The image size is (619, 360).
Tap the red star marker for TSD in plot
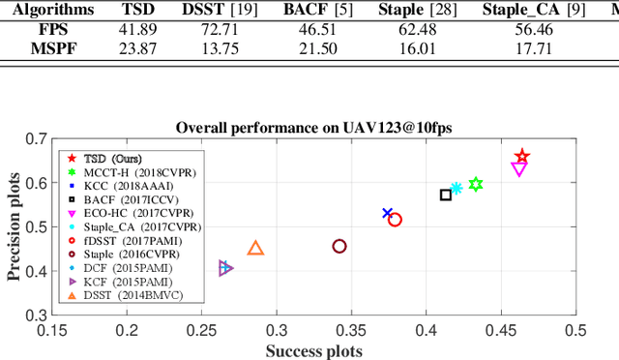[x=522, y=157]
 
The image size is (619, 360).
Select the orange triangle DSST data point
[x=255, y=249]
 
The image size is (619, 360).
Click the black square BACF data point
[x=446, y=195]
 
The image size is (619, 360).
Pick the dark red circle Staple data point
[x=339, y=246]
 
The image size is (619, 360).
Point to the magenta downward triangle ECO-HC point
[x=518, y=169]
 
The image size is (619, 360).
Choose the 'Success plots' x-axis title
[x=314, y=350]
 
